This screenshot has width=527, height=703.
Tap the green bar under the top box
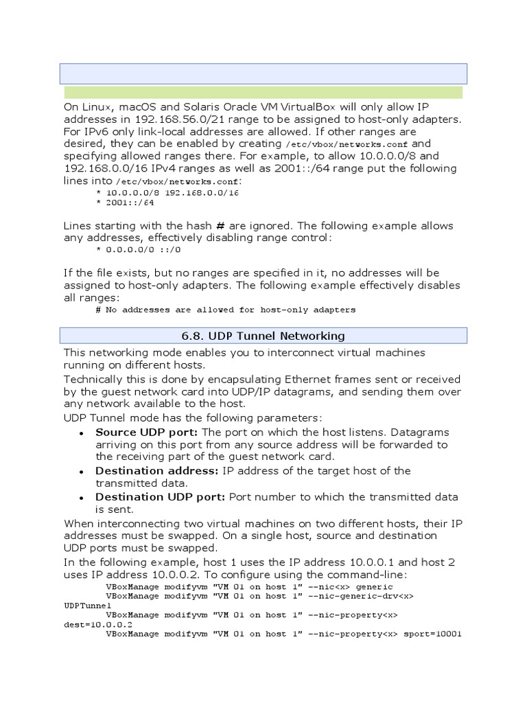coord(263,93)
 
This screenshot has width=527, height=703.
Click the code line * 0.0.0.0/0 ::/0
coord(138,249)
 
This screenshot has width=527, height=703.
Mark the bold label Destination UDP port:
coord(161,496)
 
